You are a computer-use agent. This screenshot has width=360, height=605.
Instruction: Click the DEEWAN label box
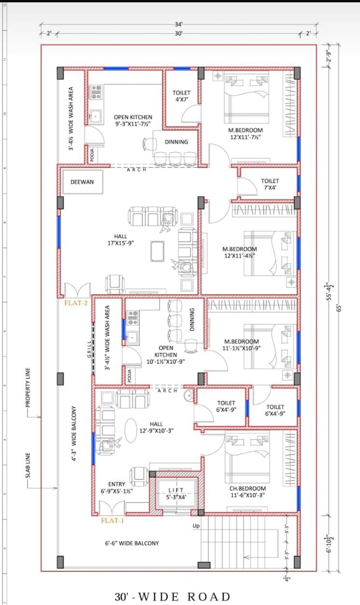pos(82,182)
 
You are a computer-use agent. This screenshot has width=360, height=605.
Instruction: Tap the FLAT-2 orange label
pos(75,303)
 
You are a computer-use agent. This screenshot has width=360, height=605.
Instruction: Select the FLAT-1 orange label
pos(112,521)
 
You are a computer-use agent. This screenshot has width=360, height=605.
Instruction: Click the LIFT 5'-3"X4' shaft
pos(176,493)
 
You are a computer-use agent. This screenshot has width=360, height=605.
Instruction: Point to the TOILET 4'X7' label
pos(182,96)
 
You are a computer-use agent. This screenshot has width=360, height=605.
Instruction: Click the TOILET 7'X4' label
pos(270,184)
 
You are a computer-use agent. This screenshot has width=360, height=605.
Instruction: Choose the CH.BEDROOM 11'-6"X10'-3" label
pos(247,491)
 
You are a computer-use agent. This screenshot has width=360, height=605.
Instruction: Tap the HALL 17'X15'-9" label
pos(120,239)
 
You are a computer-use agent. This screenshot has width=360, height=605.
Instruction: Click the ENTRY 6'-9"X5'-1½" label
pos(116,487)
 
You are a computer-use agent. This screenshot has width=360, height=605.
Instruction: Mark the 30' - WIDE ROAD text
pos(173,597)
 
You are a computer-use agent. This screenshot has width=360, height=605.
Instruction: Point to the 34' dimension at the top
pos(179,24)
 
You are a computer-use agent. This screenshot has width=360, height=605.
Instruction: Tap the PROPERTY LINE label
pos(28,387)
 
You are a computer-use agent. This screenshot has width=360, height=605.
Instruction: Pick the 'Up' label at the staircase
pos(196,526)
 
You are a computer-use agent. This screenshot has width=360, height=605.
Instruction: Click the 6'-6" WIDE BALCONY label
pos(132,543)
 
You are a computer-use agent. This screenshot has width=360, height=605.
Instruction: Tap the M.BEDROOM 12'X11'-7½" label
pos(245,133)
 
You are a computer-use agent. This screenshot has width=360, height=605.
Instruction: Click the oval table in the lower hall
pos(131,430)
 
